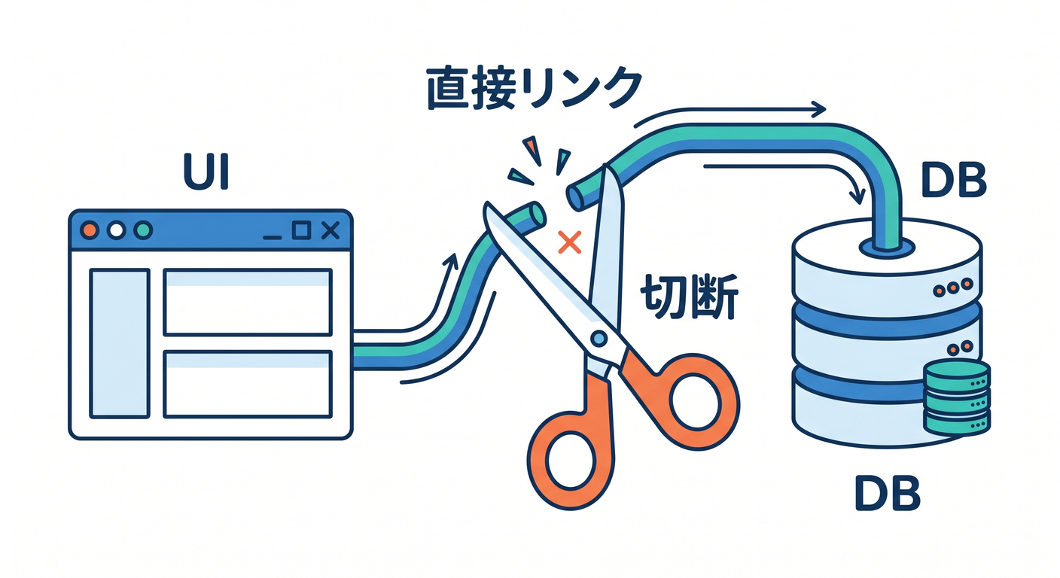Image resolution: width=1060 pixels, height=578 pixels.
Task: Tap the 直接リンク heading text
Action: coord(535,89)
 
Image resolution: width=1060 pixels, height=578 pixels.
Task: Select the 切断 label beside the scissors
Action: coord(689,297)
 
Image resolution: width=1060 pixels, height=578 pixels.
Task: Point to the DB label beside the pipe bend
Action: coord(954,180)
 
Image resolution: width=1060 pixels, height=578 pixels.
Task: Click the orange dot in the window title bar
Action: coord(90,230)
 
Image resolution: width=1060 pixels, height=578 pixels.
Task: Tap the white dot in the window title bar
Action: coord(117,230)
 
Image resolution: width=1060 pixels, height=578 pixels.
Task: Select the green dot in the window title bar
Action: coord(143,230)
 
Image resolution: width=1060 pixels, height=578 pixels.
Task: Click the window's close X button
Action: coord(330,230)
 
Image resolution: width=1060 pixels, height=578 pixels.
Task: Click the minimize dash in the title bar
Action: coord(273,237)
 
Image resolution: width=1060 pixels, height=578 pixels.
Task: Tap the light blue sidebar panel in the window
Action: coord(120,343)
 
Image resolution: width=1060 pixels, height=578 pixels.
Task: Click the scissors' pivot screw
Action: coord(599,338)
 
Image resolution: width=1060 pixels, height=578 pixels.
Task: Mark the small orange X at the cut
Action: coord(569,242)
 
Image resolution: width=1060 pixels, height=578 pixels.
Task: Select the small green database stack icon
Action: coord(956,397)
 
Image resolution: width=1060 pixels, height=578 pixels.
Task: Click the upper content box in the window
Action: coord(248,303)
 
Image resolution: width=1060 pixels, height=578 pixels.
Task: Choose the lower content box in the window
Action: coord(248,385)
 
